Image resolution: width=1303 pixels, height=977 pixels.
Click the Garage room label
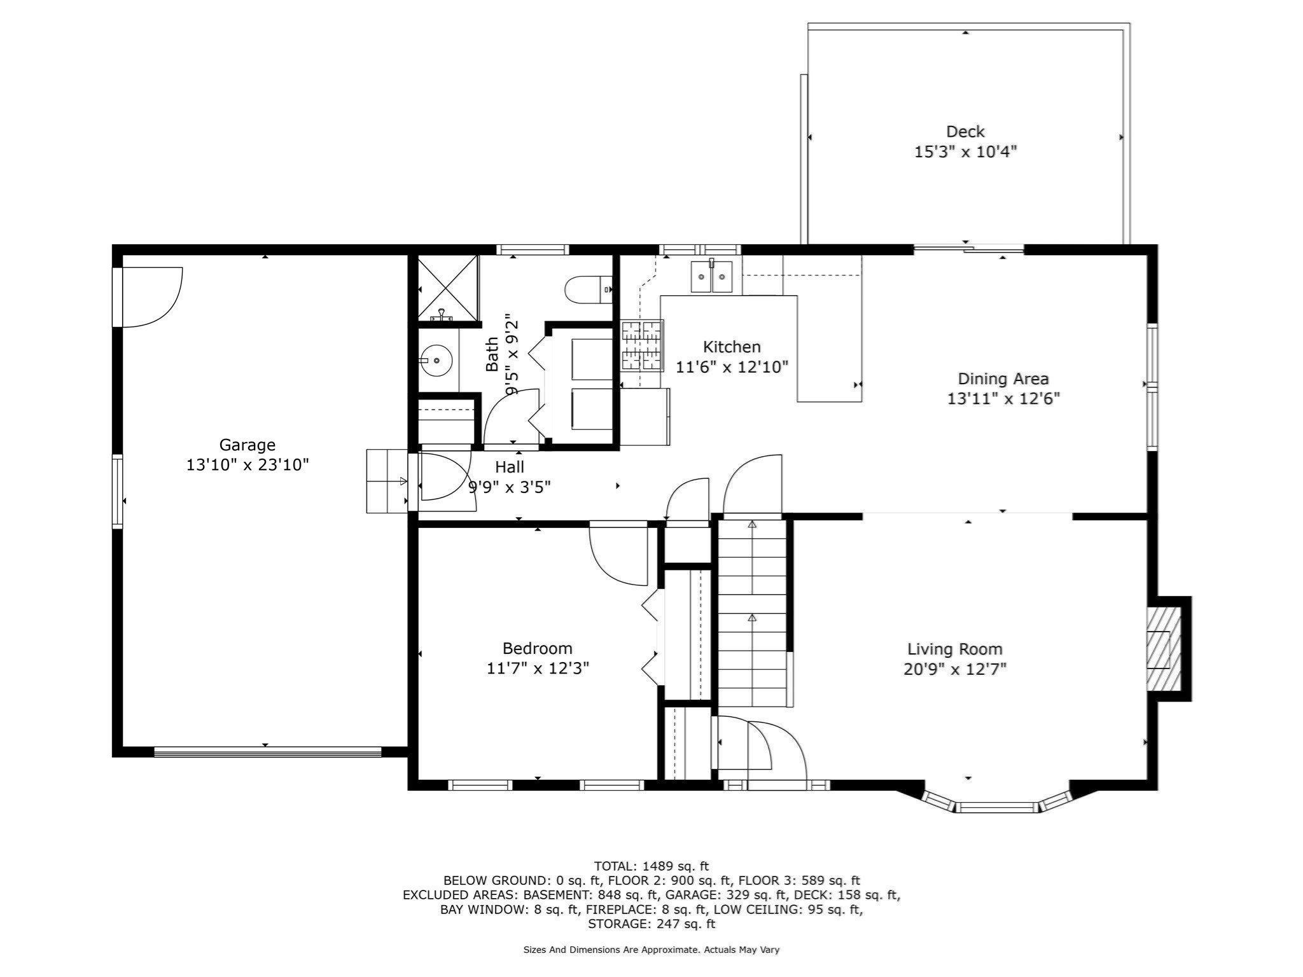[x=247, y=445]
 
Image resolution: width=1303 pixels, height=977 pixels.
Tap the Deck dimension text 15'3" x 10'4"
[x=965, y=152]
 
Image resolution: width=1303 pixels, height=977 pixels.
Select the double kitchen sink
[x=712, y=276]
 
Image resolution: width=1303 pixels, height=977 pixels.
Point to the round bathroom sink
[x=436, y=361]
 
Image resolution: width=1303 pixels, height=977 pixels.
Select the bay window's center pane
[x=996, y=807]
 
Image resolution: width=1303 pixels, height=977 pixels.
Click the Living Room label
[x=954, y=649]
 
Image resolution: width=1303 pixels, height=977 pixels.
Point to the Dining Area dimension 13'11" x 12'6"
[x=1003, y=399]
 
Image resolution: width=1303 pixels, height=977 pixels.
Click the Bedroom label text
[x=537, y=648]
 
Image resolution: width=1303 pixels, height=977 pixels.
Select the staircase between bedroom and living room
[x=752, y=614]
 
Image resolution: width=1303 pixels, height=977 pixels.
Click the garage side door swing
[x=150, y=296]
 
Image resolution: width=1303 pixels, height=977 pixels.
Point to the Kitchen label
[x=732, y=347]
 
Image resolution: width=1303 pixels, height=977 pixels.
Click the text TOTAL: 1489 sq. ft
[x=651, y=866]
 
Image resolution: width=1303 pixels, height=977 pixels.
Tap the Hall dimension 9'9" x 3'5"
[x=509, y=487]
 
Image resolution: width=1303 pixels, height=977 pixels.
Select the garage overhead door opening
[x=267, y=752]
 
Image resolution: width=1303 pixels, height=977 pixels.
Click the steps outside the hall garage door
[x=386, y=481]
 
